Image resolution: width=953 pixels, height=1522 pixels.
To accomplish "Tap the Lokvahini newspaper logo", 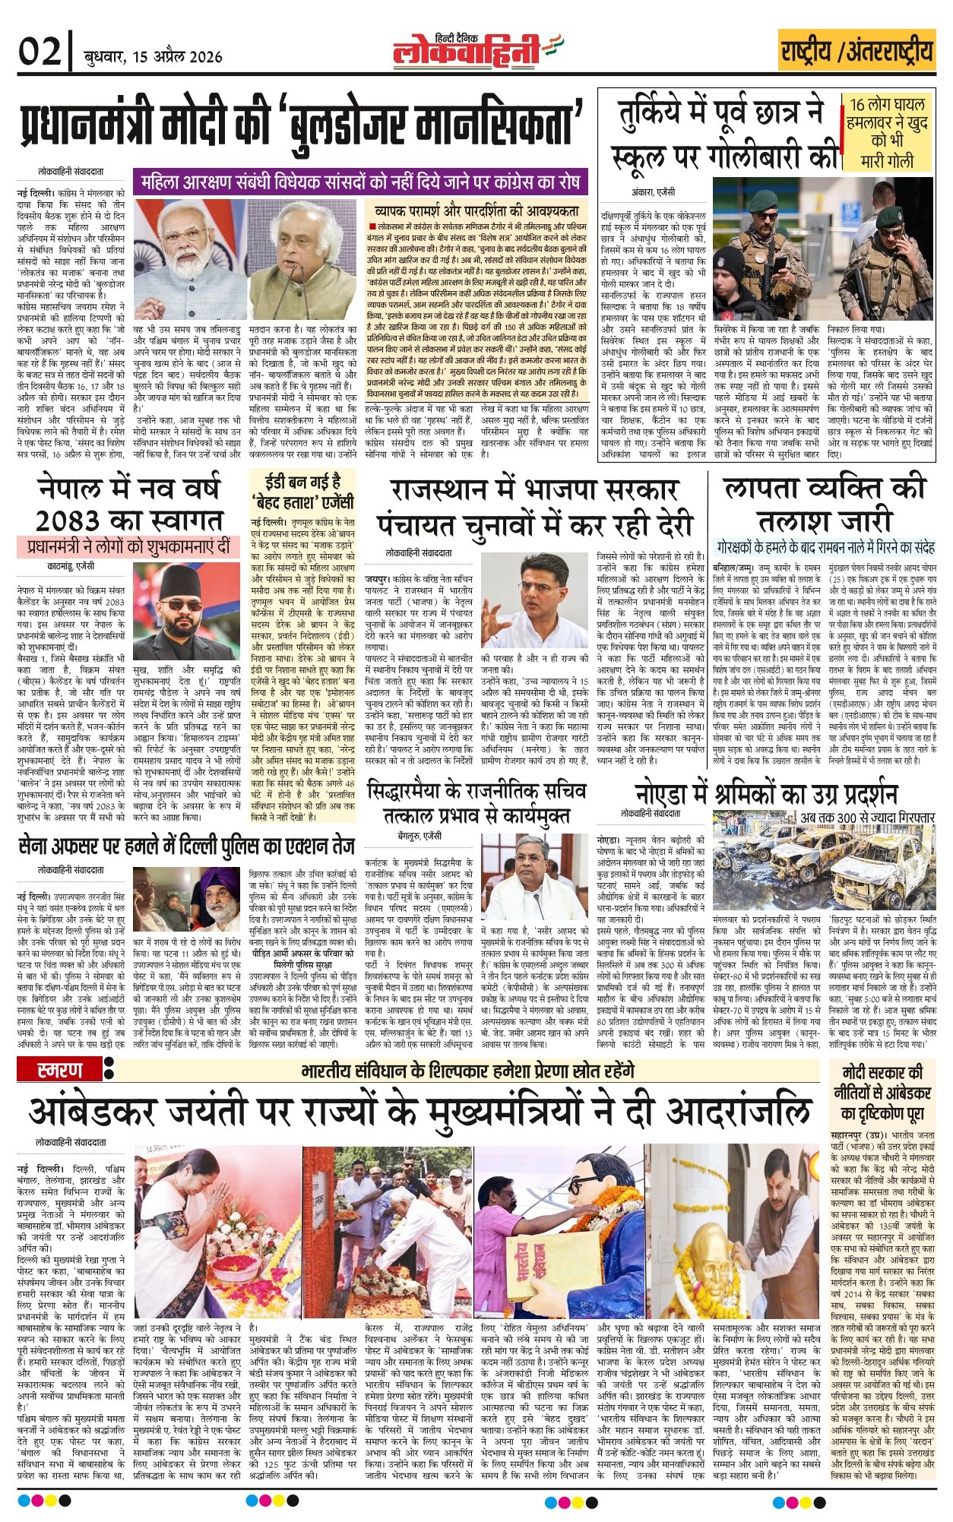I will (x=467, y=52).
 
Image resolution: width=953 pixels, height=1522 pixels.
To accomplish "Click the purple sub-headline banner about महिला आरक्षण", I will (x=359, y=182).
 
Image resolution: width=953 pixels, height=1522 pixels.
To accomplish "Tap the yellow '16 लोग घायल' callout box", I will (x=887, y=132).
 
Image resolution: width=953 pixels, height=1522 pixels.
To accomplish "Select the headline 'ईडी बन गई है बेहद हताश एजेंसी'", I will (x=302, y=492).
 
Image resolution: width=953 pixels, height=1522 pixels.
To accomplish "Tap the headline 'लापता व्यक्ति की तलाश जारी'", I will (x=825, y=503).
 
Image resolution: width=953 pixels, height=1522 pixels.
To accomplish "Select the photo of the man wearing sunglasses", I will (x=186, y=612).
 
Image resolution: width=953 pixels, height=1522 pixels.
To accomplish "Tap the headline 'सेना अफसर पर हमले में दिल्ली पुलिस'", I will (x=186, y=845).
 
